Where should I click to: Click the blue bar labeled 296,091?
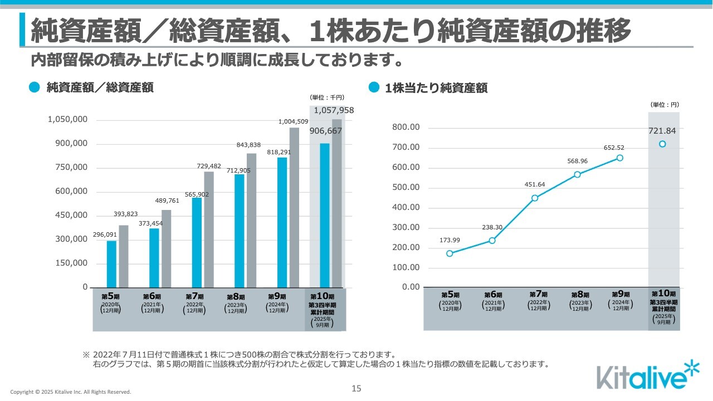coord(111,264)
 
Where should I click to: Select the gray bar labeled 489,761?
coord(166,248)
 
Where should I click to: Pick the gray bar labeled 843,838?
coord(251,220)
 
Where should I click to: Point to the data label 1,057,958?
coord(334,110)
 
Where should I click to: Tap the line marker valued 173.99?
coord(450,253)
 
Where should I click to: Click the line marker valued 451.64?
coord(535,198)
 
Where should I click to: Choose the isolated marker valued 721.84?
coord(662,144)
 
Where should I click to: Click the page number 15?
coord(356,389)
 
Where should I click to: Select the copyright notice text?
coord(71,392)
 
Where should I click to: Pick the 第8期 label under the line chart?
coord(580,295)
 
